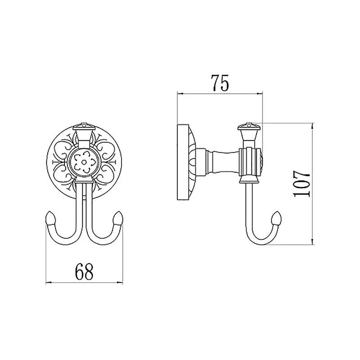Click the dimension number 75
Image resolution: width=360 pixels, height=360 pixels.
pyautogui.click(x=220, y=83)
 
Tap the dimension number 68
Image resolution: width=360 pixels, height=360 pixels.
pyautogui.click(x=84, y=272)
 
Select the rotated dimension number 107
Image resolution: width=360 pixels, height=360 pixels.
pyautogui.click(x=301, y=184)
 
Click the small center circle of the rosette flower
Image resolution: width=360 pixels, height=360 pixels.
pyautogui.click(x=84, y=162)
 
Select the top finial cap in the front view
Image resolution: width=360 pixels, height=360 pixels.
pyautogui.click(x=84, y=127)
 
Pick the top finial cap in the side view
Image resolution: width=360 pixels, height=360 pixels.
pyautogui.click(x=249, y=127)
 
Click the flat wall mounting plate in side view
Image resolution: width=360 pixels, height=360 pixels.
pyautogui.click(x=183, y=162)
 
